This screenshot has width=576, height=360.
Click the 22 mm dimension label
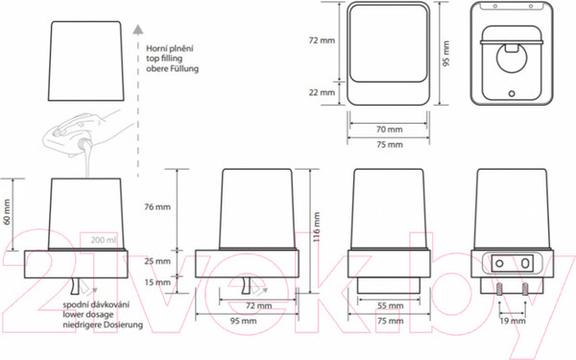tap(322, 92)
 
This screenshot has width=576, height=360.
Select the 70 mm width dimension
tap(390, 130)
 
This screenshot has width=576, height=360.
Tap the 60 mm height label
tap(7, 212)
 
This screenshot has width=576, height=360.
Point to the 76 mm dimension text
tap(157, 206)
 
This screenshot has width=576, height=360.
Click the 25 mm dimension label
tap(157, 261)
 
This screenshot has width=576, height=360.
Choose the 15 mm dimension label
tap(157, 282)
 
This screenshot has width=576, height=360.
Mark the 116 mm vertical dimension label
tap(316, 227)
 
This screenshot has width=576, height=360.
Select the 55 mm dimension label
tap(390, 305)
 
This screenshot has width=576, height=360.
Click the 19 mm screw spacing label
tap(513, 321)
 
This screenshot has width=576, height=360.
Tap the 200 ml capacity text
tap(104, 240)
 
